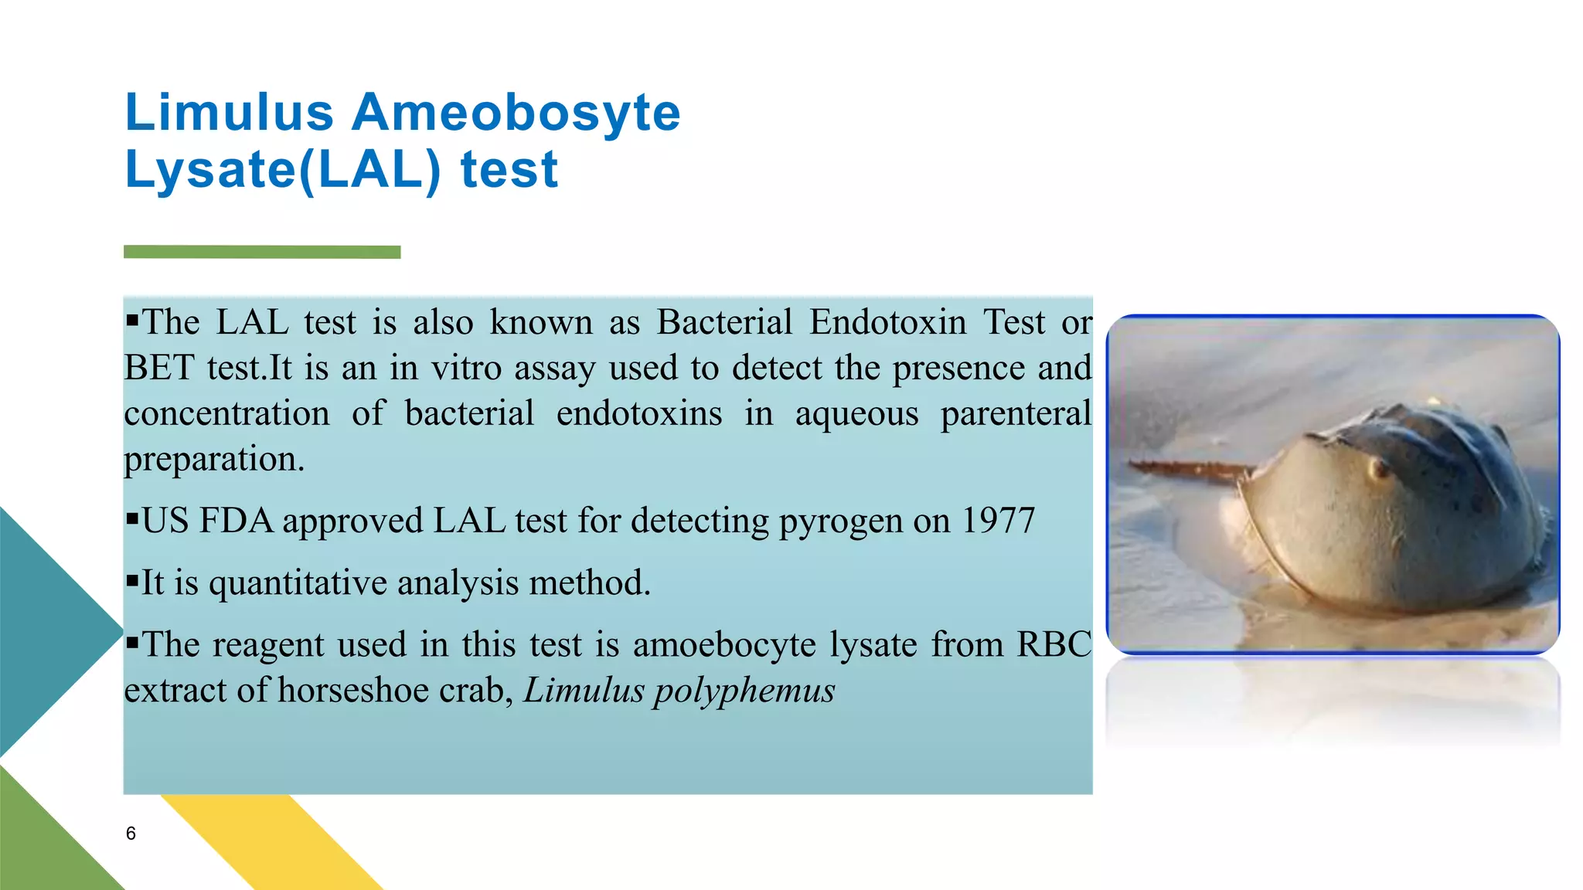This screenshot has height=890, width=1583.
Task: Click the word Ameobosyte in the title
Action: [x=516, y=113]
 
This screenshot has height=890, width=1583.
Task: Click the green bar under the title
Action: [x=262, y=252]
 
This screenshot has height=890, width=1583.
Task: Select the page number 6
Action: [x=131, y=834]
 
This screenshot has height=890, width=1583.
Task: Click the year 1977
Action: [x=998, y=521]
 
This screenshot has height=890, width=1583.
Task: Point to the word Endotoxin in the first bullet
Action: [x=887, y=322]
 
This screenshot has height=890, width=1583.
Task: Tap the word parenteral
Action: [x=1015, y=413]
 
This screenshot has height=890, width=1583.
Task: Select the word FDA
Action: [x=237, y=521]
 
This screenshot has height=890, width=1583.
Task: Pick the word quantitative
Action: [x=298, y=583]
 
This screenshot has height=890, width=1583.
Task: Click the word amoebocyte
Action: [x=724, y=645]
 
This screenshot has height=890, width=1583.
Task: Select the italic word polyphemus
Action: [x=744, y=691]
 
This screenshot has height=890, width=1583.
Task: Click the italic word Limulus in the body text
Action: [x=584, y=690]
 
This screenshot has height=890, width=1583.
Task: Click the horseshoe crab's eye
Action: [x=1377, y=467]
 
